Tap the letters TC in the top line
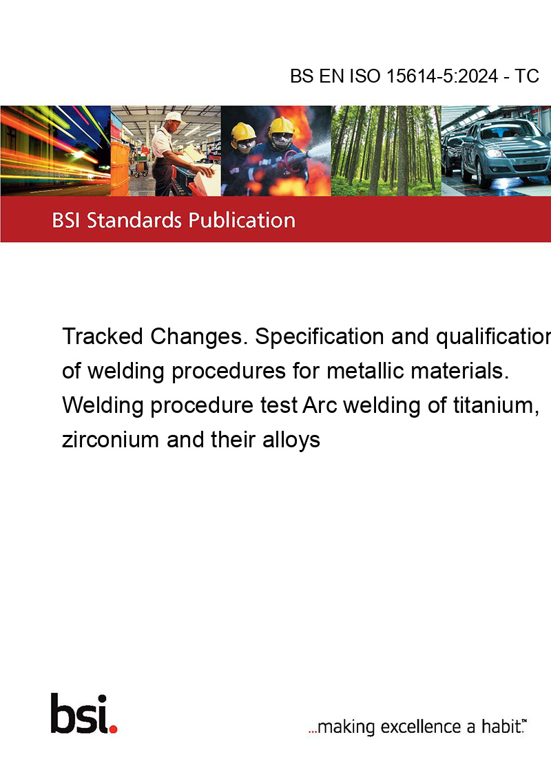tap(528, 76)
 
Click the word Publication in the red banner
tap(242, 220)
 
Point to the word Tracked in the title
tap(103, 337)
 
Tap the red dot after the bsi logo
tap(113, 727)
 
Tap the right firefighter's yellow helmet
tap(282, 126)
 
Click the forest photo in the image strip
tap(386, 151)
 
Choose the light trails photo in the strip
tap(55, 151)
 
